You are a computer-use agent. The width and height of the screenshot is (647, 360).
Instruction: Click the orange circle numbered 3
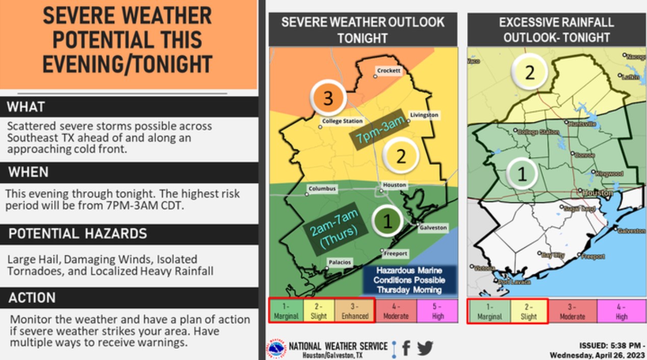[x=328, y=98]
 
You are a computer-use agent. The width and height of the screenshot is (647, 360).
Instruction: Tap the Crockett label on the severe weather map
[x=389, y=71]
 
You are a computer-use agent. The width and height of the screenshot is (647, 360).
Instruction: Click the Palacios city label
[x=340, y=262]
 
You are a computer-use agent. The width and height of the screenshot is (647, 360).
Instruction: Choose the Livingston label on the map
[x=424, y=115]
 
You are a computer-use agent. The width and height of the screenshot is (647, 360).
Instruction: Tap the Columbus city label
[x=322, y=189]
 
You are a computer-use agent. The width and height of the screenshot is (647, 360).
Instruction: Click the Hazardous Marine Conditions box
[x=409, y=280]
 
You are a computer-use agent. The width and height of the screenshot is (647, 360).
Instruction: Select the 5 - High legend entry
[x=437, y=312]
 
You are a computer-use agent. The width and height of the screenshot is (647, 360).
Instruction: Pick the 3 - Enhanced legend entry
[x=355, y=312]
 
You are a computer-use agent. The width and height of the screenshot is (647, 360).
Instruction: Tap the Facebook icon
[x=406, y=348]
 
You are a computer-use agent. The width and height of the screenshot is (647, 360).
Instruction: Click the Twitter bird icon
[x=425, y=348]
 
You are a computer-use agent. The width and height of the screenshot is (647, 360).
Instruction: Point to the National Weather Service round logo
[x=276, y=349]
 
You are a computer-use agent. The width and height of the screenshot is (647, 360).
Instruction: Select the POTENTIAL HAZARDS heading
[x=77, y=234]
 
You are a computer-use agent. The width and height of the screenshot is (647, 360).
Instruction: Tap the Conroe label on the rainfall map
[x=584, y=155]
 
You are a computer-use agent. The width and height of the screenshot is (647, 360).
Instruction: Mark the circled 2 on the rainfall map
[x=530, y=73]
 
